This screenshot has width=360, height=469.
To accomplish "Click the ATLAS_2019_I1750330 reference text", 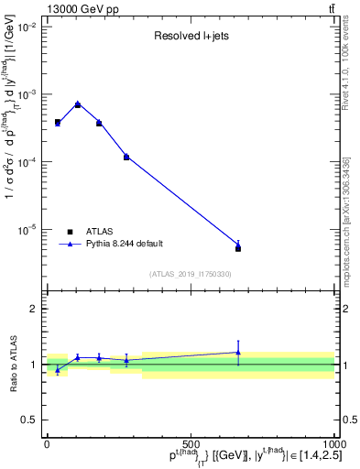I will (191, 274).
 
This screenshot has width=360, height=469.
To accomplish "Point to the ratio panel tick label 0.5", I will (29, 420).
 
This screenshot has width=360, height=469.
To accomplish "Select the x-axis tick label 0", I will (48, 444).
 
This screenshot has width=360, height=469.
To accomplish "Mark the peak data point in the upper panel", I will (78, 104).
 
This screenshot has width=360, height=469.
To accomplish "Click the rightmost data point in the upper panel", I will (238, 247).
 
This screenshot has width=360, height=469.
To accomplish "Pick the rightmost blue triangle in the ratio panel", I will (238, 352).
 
